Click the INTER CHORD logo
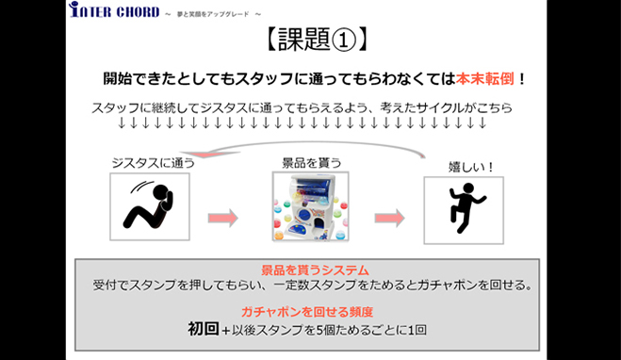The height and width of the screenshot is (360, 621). tap(114, 10)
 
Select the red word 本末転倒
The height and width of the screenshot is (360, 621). tap(484, 79)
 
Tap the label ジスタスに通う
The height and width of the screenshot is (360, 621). tap(154, 163)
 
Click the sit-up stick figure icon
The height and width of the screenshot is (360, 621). tap(149, 205)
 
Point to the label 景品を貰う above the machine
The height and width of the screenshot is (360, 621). tap(311, 163)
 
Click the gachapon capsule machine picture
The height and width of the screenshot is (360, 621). tap(311, 206)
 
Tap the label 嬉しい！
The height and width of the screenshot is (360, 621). tap(471, 167)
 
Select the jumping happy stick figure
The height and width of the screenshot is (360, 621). tap(466, 207)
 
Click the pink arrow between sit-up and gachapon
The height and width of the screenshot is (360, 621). tap(223, 218)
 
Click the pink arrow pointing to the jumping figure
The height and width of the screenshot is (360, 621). tap(390, 218)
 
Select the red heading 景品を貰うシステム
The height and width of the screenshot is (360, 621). tap(315, 270)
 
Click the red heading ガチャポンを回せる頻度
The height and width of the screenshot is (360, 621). tap(307, 312)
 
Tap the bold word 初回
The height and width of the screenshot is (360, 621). tap(204, 329)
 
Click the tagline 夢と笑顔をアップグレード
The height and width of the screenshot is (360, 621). tap(213, 14)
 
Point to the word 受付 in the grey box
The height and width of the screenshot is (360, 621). tap(105, 285)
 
